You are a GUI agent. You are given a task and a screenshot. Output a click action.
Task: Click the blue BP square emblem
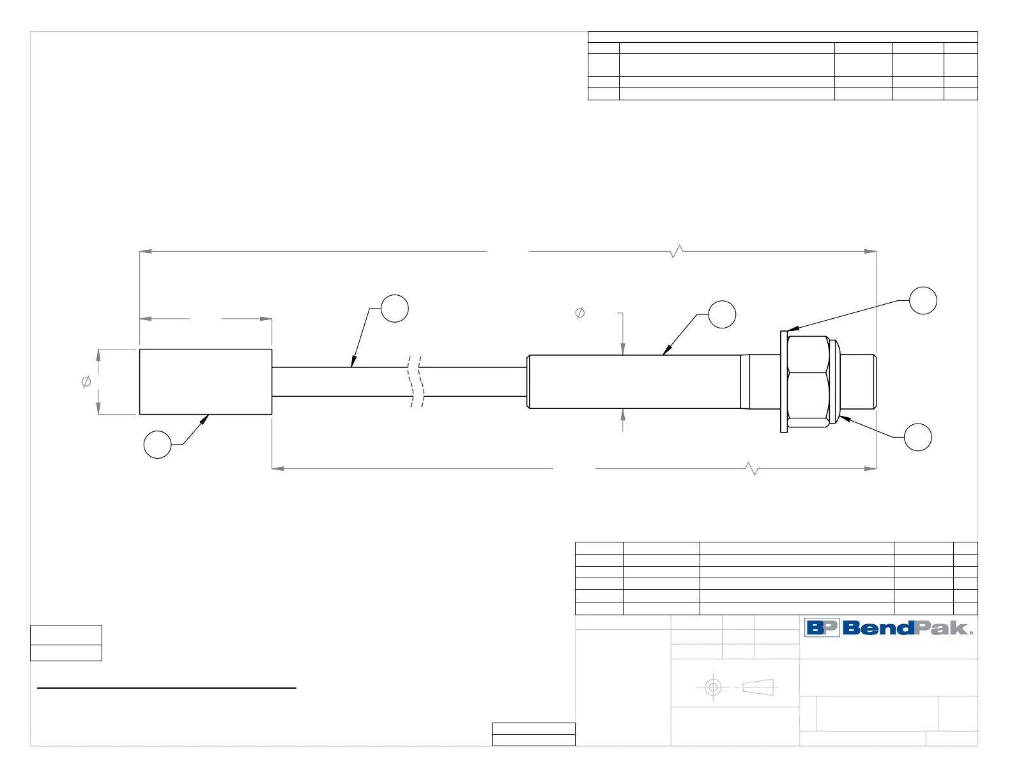point(822,628)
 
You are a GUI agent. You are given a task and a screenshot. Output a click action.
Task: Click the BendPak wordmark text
point(908,628)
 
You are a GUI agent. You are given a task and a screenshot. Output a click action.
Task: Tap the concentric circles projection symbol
point(713,687)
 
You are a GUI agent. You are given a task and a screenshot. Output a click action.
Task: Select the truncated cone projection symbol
point(758,687)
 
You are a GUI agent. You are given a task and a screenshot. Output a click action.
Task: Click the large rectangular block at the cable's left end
point(206,381)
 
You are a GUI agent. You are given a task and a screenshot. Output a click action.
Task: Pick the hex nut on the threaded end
point(809,381)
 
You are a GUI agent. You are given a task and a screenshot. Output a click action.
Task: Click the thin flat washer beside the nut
point(784,381)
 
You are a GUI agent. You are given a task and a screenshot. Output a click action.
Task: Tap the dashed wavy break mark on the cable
point(416,381)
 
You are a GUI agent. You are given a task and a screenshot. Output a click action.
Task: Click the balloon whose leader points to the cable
point(395,309)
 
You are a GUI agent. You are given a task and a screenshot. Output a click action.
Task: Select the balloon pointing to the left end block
point(157,445)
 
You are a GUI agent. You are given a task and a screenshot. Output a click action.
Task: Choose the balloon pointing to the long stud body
point(722,314)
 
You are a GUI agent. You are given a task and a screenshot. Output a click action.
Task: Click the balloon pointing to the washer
point(923,300)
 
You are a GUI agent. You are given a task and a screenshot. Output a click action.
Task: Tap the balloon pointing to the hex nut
point(917,437)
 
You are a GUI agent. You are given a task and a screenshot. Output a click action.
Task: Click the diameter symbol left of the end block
point(86,381)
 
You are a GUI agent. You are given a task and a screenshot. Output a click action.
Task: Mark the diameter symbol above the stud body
point(579,313)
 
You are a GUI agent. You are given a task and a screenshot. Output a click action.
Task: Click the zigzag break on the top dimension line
point(677,251)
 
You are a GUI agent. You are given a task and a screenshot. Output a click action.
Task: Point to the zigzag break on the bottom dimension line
point(753,468)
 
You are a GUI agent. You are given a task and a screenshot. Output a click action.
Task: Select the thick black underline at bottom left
point(167,688)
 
